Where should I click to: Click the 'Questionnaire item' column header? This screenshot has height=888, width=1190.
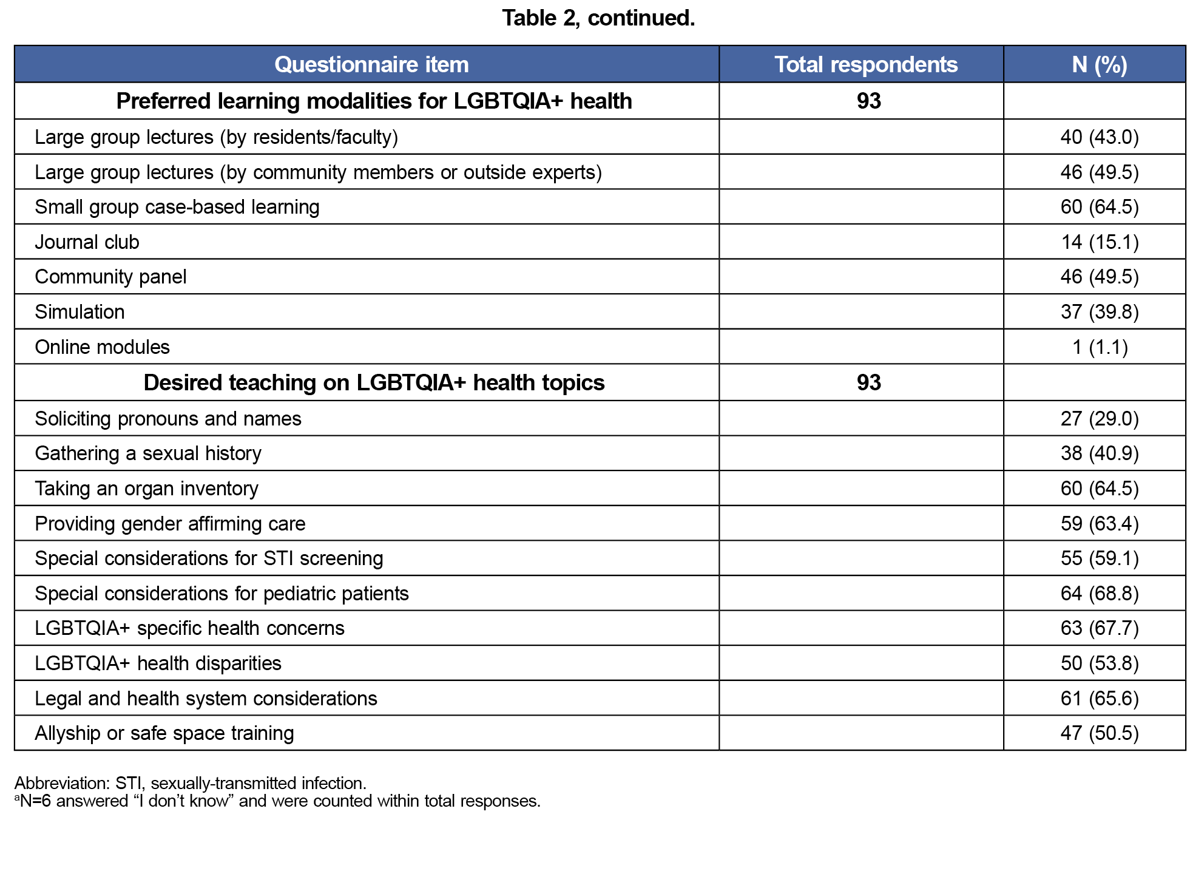click(371, 64)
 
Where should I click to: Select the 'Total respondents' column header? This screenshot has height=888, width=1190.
click(866, 64)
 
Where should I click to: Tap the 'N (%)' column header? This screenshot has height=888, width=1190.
click(1099, 64)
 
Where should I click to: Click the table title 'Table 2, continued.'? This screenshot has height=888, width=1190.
click(598, 18)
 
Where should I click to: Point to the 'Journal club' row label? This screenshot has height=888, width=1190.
click(87, 242)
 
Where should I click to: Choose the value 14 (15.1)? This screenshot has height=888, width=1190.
click(1099, 242)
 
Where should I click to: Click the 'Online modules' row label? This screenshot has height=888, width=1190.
click(102, 347)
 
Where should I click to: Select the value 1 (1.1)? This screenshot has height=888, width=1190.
click(1099, 347)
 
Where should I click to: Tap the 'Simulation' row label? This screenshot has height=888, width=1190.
click(79, 312)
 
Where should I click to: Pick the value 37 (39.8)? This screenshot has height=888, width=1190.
click(1099, 312)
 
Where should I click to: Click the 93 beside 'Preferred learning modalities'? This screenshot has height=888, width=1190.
click(868, 101)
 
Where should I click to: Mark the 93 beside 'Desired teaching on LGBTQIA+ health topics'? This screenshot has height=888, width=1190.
click(868, 382)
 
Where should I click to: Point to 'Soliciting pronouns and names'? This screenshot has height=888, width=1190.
click(168, 419)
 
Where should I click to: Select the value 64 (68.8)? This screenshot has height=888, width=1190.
click(1099, 594)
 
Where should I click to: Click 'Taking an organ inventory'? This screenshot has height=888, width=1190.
click(146, 489)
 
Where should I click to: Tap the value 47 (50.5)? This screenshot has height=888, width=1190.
click(1099, 733)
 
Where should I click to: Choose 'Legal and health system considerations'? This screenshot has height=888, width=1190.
click(206, 699)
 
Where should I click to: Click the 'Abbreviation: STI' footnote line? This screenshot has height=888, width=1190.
click(190, 783)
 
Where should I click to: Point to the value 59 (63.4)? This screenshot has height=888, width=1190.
click(1099, 524)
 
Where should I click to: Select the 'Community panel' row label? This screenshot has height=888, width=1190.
click(110, 277)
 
